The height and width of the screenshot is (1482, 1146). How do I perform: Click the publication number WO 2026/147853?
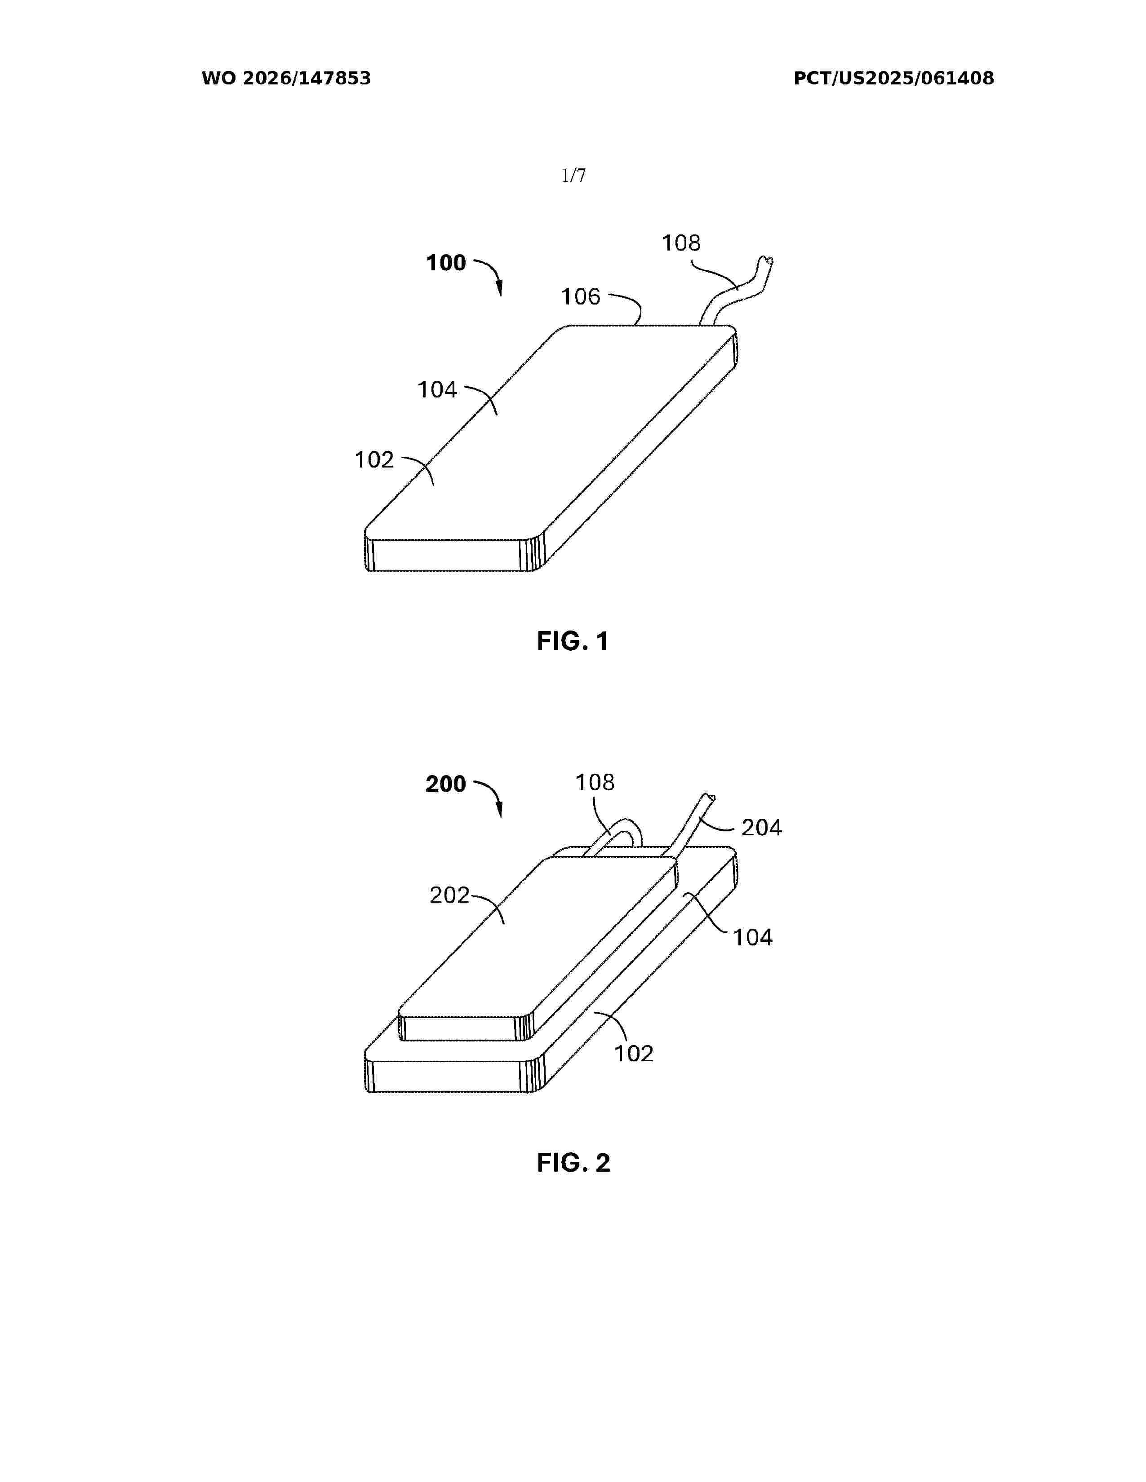(286, 79)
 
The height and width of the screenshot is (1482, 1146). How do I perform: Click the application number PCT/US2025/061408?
(893, 79)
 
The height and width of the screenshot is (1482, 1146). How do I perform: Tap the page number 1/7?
(574, 176)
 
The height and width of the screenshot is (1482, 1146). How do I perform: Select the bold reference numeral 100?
(446, 263)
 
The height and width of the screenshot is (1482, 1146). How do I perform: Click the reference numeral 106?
(581, 296)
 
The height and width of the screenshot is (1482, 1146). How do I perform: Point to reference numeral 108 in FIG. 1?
(681, 243)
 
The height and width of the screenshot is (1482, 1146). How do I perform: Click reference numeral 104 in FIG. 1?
(437, 389)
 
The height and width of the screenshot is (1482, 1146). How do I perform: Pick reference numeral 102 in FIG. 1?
(374, 460)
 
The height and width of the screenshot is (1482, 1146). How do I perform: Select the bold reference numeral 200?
(446, 785)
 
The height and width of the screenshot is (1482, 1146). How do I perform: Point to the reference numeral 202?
(449, 896)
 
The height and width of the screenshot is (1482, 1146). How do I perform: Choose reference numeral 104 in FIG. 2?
(753, 938)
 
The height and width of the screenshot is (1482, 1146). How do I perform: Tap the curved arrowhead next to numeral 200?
(500, 810)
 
